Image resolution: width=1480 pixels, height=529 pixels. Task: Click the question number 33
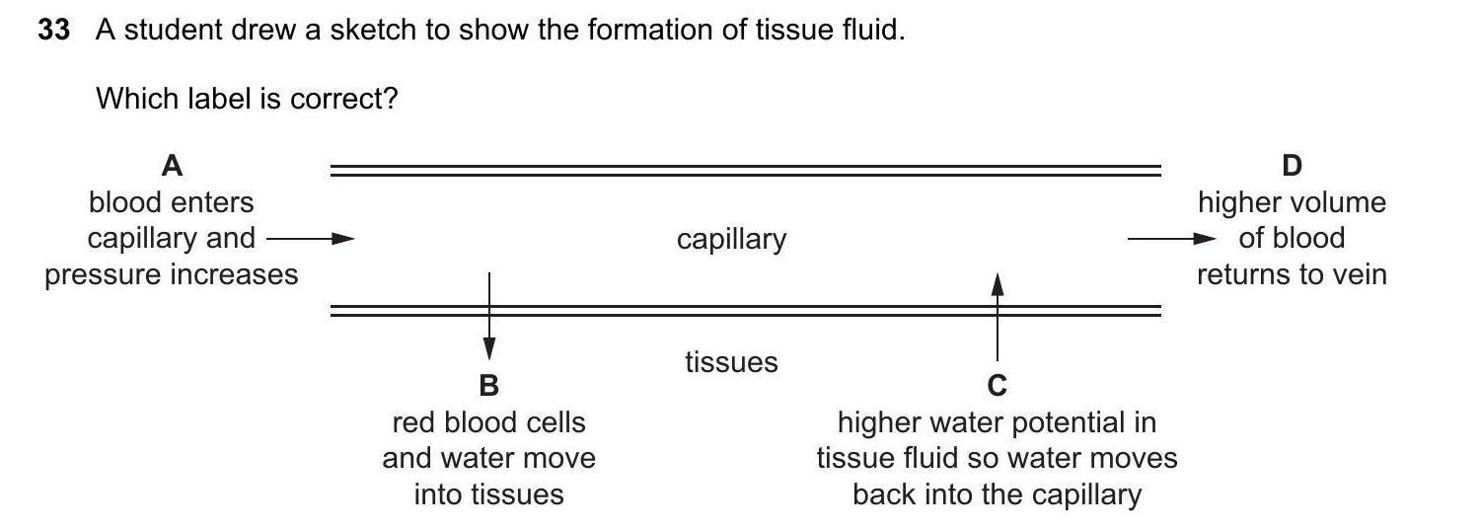53,31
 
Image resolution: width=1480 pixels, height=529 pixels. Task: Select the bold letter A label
172,166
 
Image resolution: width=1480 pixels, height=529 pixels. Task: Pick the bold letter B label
488,385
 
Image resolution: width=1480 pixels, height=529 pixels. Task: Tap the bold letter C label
998,385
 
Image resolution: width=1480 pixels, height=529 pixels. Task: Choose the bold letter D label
1292,166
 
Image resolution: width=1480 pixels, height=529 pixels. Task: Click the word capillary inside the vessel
731,240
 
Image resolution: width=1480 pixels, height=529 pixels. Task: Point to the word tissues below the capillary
731,362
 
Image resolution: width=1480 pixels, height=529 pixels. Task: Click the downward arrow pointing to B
488,316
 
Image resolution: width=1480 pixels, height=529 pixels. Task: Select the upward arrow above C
998,316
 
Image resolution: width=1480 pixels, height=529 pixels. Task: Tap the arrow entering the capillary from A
310,238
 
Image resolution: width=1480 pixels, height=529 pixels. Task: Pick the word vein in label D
1359,274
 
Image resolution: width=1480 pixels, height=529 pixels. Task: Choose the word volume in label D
1337,203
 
